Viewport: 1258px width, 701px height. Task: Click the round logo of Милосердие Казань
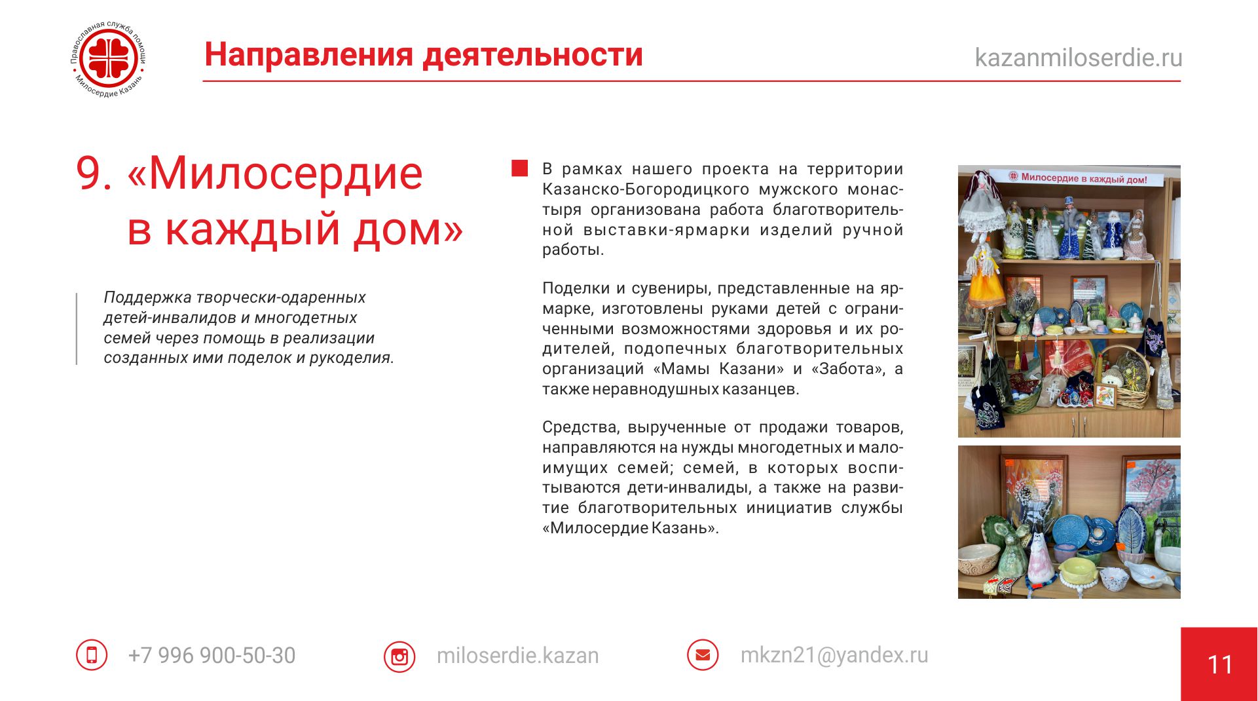[109, 60]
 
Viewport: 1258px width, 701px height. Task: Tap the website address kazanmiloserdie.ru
[1079, 58]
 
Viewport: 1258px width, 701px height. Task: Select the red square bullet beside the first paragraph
[519, 168]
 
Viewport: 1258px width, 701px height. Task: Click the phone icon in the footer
[92, 654]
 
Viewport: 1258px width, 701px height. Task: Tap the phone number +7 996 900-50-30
[212, 655]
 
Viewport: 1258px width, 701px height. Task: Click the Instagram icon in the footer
[399, 656]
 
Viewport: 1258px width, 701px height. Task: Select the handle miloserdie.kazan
[518, 655]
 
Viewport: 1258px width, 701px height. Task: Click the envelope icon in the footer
[703, 654]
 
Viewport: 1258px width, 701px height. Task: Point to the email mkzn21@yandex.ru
[834, 655]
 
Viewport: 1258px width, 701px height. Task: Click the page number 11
[1220, 665]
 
